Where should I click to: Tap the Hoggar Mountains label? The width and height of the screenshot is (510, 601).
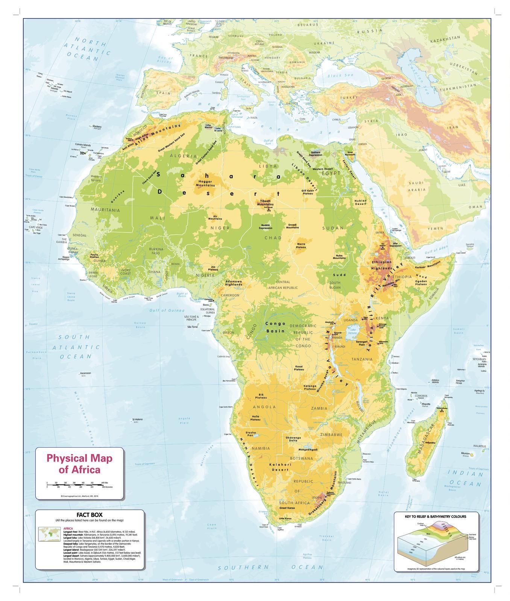[205, 183]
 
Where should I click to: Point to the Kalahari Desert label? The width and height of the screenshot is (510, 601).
[280, 467]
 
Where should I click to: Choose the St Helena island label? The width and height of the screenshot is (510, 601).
[136, 420]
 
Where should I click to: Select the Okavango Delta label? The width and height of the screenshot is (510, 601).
[293, 439]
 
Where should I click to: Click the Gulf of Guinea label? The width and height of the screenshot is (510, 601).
[167, 310]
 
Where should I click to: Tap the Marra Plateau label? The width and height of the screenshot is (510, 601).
[301, 245]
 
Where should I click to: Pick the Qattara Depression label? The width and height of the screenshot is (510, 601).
[315, 153]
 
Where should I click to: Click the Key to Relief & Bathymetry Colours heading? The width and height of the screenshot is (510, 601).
[435, 516]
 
